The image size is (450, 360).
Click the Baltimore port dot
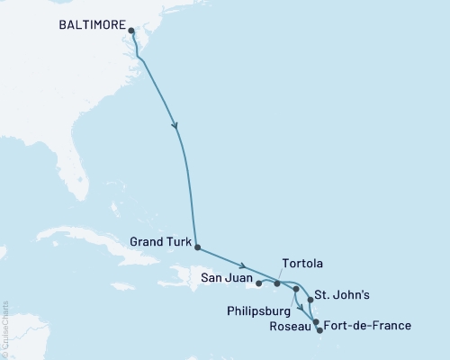coord(131,31)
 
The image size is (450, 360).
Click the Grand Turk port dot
coord(197,247)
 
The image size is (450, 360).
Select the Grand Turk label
coord(159,241)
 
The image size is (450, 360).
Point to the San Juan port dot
coord(259,283)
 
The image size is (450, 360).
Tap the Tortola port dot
coord(277,283)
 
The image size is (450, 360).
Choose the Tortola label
coord(302,264)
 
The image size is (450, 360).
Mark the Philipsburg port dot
coord(295,289)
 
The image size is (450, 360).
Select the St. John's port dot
coord(310,299)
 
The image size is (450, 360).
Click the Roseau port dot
coord(315,321)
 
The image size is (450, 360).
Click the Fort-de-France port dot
coord(319,330)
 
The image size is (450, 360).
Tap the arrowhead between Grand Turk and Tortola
coord(243,265)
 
